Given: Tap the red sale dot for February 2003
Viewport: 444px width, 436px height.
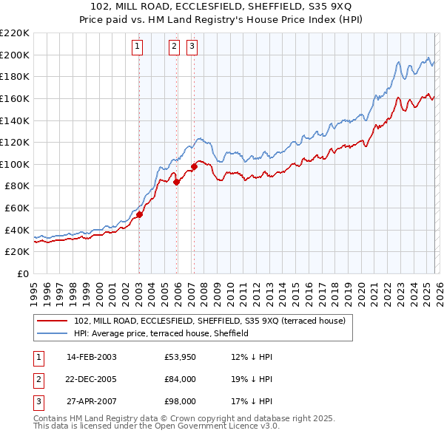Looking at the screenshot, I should pyautogui.click(x=139, y=215).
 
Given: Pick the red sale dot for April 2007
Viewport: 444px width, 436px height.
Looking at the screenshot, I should pyautogui.click(x=194, y=166).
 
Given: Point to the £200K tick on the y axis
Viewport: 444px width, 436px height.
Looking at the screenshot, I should pyautogui.click(x=15, y=55).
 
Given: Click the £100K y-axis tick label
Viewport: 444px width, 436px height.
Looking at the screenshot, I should pyautogui.click(x=15, y=164).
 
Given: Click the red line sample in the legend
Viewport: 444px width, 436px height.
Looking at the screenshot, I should pyautogui.click(x=52, y=321).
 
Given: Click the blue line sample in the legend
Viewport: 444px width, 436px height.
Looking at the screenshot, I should pyautogui.click(x=52, y=333).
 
